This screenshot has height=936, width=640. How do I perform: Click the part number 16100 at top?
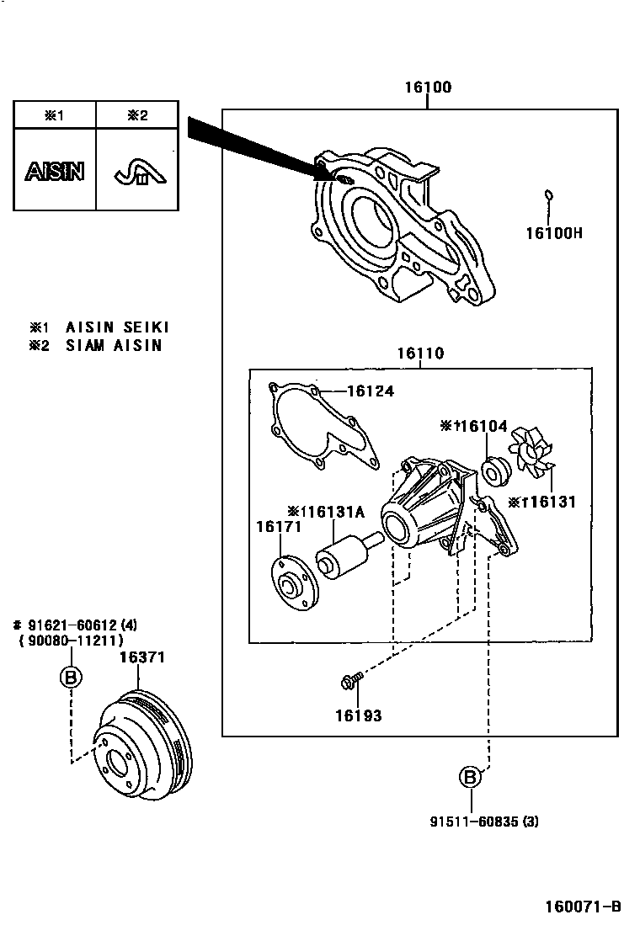click(x=427, y=88)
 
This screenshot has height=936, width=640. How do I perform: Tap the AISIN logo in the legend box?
click(x=54, y=172)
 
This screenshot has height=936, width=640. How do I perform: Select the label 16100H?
click(x=553, y=232)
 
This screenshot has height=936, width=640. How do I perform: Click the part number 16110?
click(x=420, y=354)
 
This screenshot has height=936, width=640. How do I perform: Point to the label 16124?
click(x=370, y=391)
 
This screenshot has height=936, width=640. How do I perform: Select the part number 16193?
click(x=357, y=716)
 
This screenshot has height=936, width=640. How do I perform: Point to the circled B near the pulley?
click(x=71, y=676)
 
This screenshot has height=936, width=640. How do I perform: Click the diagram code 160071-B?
click(x=583, y=907)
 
